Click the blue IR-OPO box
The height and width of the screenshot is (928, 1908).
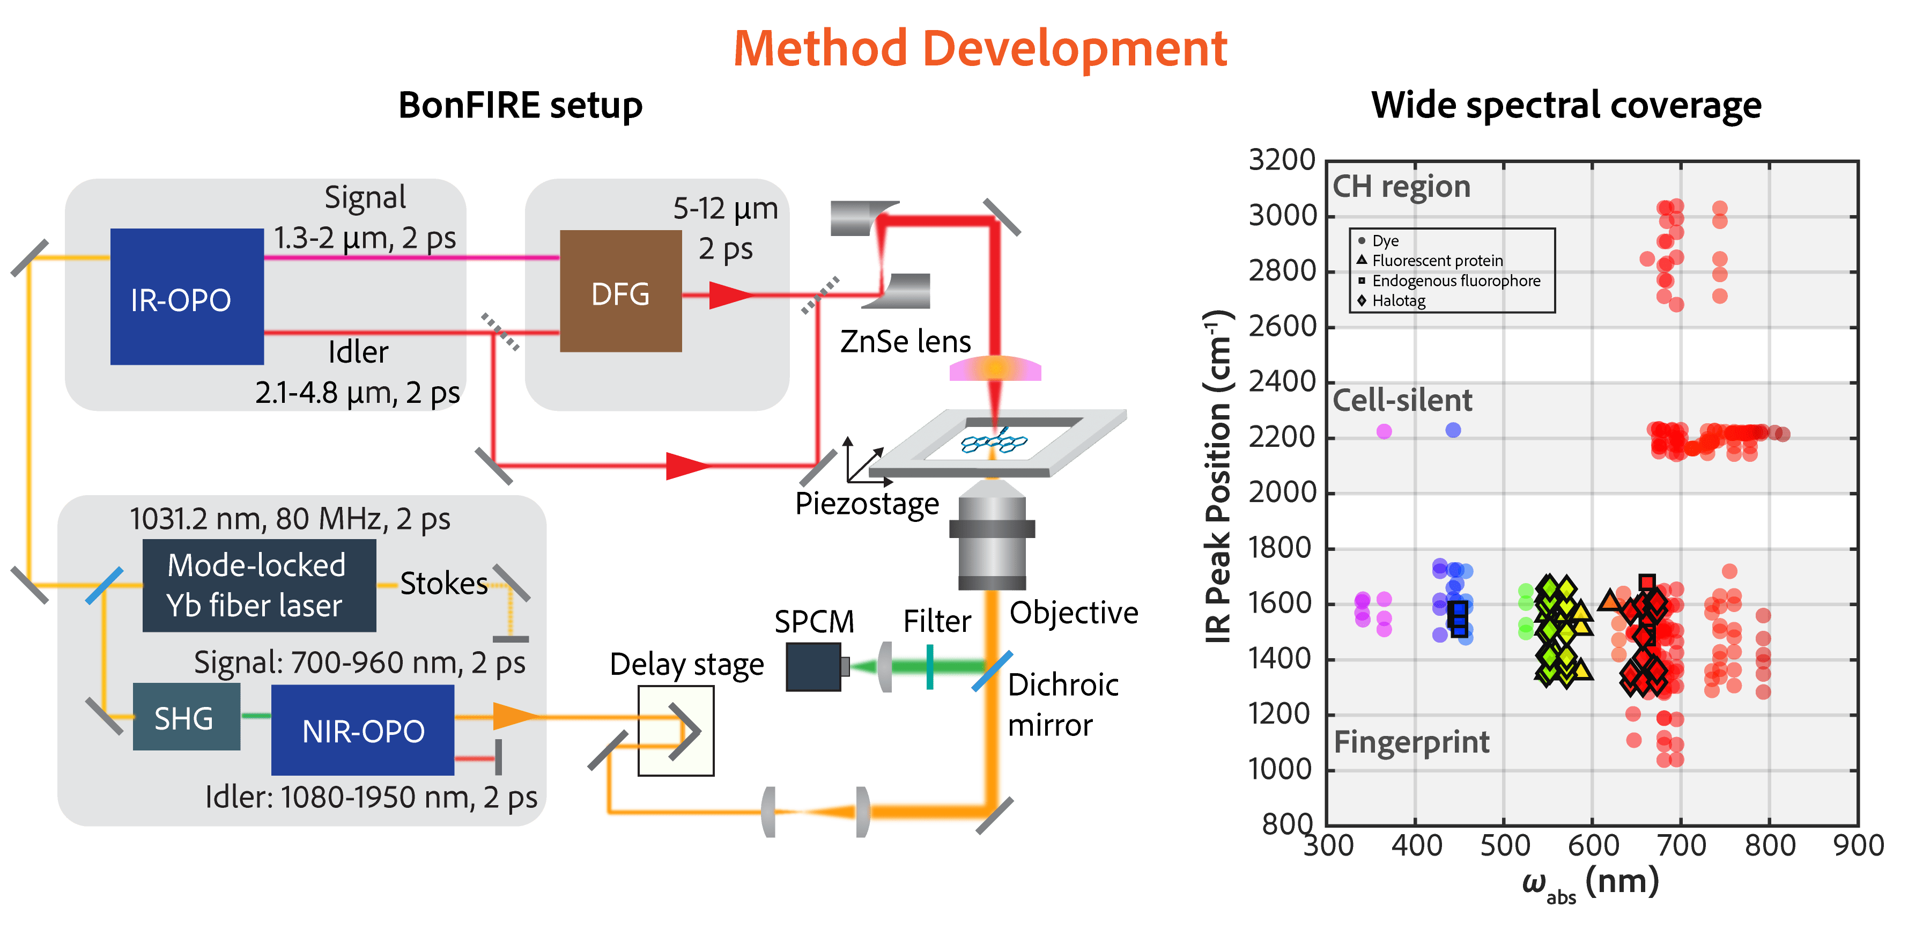(187, 296)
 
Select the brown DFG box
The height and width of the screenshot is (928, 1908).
(620, 291)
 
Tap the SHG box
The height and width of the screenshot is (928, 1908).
(187, 717)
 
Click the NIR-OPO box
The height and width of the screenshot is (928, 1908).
(363, 730)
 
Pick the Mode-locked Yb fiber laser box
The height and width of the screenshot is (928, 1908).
(259, 586)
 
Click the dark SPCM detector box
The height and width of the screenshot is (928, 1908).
(814, 667)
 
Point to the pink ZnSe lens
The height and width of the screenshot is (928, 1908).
(995, 368)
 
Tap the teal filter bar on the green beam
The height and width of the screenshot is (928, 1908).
(929, 667)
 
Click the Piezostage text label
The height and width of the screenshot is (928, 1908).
(867, 504)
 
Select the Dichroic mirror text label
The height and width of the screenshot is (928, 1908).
(1063, 705)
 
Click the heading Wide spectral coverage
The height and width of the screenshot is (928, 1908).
(1566, 105)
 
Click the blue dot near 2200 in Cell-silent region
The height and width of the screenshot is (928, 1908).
(1453, 430)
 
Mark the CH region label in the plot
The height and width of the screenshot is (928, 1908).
(1401, 187)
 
